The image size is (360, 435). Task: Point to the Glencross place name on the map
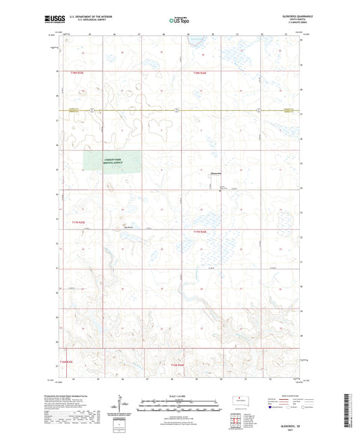pyautogui.click(x=217, y=173)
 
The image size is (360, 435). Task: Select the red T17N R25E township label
pyautogui.click(x=78, y=222)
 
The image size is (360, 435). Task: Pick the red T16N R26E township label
pyautogui.click(x=177, y=365)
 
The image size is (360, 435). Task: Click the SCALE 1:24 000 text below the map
pyautogui.click(x=179, y=396)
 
